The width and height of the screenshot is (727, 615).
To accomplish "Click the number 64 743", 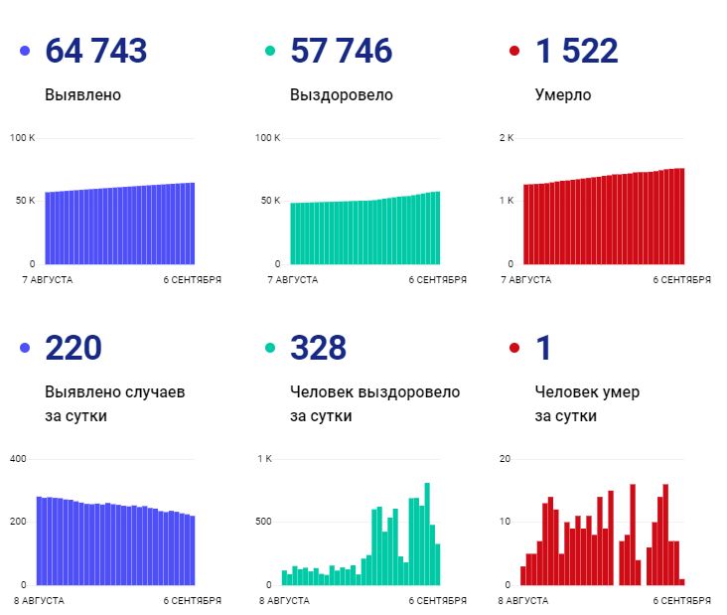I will point(96,51).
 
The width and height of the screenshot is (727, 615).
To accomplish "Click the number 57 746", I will point(341,51).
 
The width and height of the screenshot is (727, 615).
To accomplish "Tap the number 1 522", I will point(576,51).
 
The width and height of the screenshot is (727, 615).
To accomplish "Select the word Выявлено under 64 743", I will point(83,95).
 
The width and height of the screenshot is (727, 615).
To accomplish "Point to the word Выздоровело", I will point(341,95).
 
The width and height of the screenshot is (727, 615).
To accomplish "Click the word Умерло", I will point(562,95).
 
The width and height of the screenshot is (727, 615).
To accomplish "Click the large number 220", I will point(73,348).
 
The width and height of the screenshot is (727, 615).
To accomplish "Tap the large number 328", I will point(318,348).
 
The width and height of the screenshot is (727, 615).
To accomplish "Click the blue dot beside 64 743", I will point(25,51).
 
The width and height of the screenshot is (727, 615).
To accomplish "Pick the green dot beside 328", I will point(269,348).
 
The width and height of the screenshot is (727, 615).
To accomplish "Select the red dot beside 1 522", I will point(514,51).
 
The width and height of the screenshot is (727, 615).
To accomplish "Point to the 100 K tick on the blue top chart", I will point(23,137).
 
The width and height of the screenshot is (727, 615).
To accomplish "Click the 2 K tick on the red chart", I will point(506,137).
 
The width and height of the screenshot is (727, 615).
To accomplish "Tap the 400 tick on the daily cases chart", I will point(19,458).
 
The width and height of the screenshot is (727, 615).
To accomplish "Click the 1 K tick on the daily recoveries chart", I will point(264,458).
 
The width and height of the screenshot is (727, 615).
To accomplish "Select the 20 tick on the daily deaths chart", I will point(505,458).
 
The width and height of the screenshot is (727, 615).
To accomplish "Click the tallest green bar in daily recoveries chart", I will point(427,534).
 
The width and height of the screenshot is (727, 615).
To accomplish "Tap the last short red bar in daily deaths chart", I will point(682,581).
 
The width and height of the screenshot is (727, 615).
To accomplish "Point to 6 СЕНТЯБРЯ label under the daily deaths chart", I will point(681,600).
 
